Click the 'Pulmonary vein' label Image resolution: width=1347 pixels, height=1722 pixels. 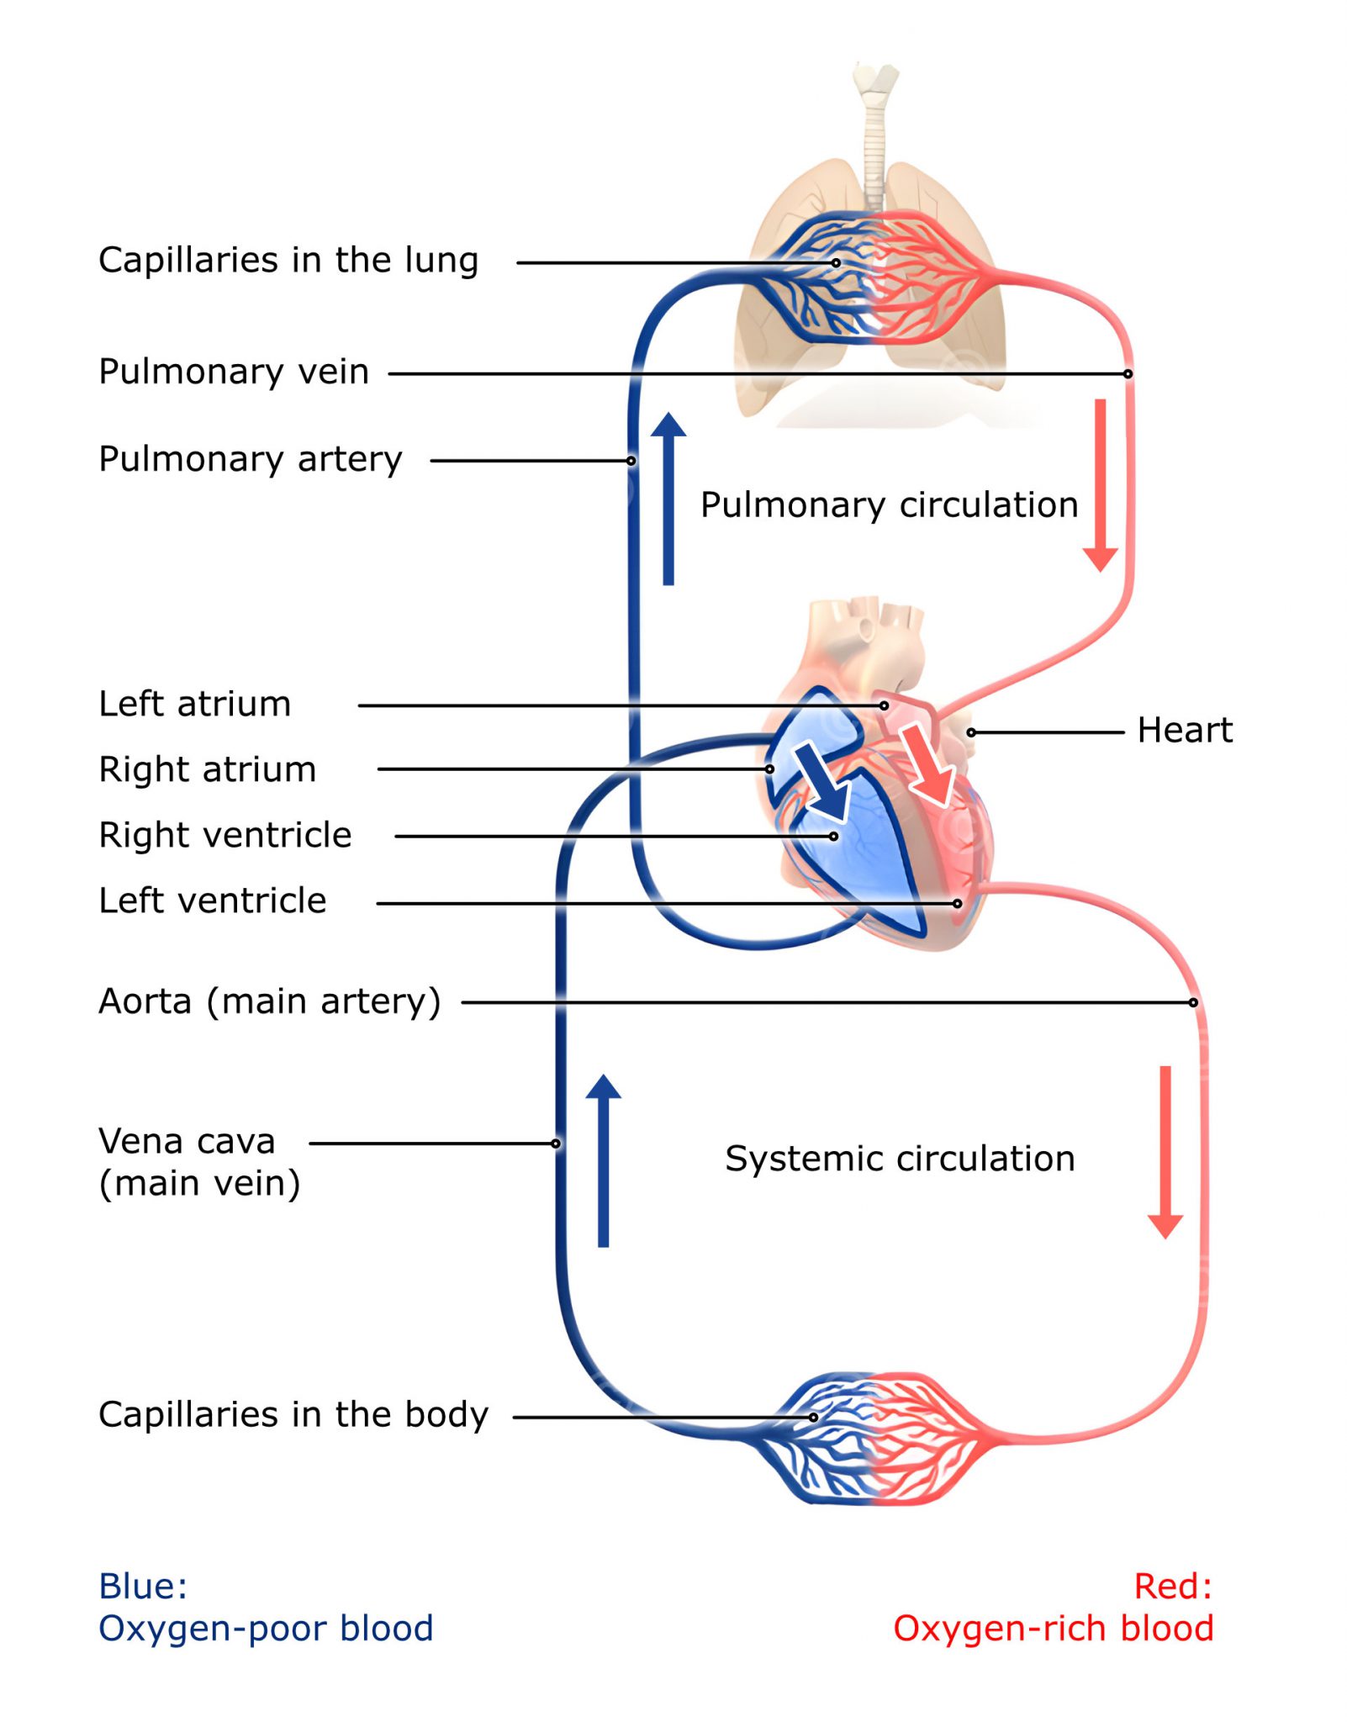click(x=233, y=371)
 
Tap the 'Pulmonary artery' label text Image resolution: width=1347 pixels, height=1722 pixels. click(x=250, y=459)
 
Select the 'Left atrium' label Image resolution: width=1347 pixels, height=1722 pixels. click(x=194, y=704)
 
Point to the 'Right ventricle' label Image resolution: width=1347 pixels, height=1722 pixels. click(x=225, y=835)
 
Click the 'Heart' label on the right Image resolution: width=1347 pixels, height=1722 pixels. click(x=1184, y=730)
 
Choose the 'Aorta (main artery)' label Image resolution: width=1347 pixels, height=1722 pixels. click(x=269, y=1001)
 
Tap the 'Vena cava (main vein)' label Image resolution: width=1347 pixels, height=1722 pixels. click(x=198, y=1161)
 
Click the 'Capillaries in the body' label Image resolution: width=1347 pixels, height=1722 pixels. click(x=293, y=1415)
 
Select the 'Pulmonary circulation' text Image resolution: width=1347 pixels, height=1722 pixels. click(x=889, y=505)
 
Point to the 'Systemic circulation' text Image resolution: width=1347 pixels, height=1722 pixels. click(x=900, y=1159)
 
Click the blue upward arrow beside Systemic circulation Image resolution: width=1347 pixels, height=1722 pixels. click(x=603, y=1160)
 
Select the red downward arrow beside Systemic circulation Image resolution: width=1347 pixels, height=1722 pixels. click(x=1165, y=1153)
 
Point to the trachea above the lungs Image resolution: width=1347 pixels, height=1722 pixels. click(x=874, y=135)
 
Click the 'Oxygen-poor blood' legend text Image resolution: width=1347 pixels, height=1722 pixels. click(x=266, y=1629)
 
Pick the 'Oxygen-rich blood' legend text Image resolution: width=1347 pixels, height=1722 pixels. click(x=1053, y=1629)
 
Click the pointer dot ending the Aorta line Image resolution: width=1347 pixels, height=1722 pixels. click(x=1193, y=1002)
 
